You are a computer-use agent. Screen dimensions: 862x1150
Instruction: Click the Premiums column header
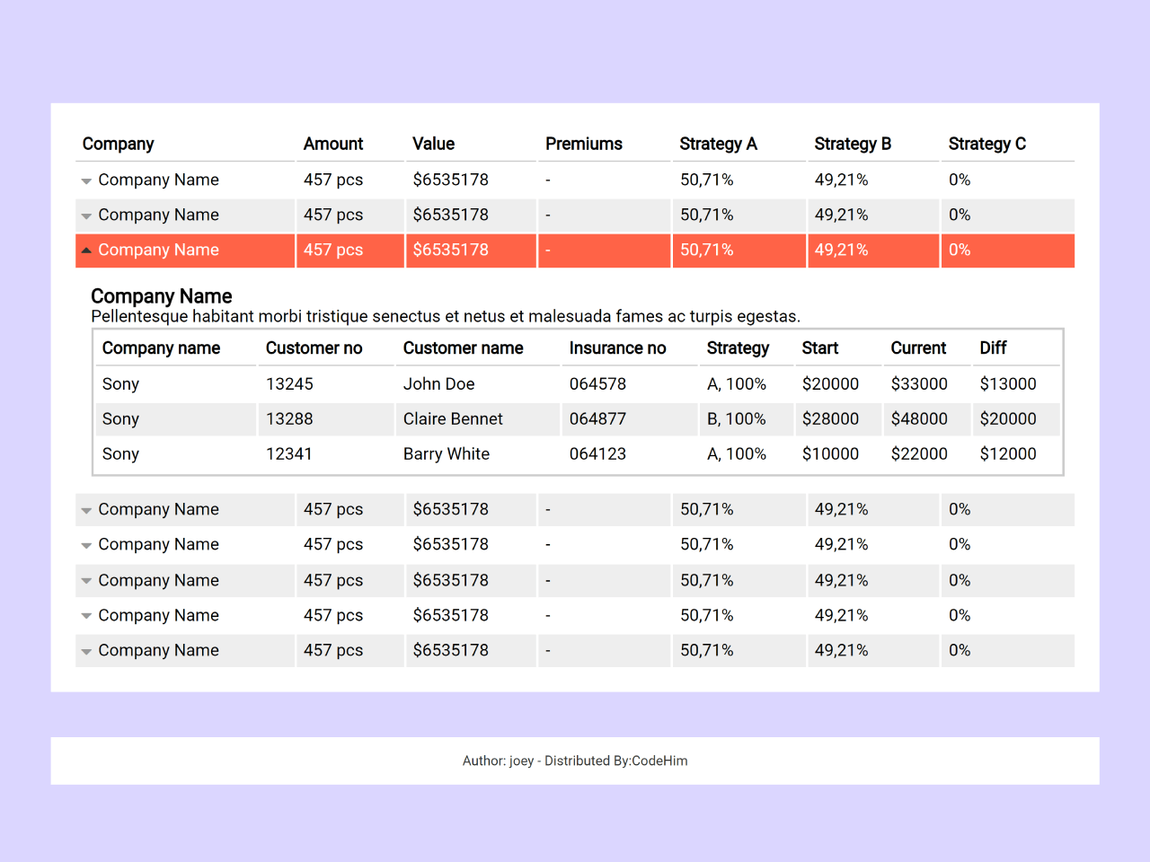pos(583,144)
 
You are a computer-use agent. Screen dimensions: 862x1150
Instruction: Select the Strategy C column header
pos(986,144)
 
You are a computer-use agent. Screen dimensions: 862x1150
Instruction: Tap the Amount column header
pos(332,144)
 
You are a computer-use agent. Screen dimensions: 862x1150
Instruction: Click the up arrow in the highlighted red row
pos(86,251)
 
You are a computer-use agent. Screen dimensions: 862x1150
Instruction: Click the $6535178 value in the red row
pos(450,251)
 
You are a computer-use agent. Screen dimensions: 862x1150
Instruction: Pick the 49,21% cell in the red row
pos(841,251)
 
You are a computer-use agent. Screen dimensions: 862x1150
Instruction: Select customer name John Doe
pos(438,384)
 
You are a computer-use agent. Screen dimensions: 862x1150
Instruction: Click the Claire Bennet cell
pos(453,419)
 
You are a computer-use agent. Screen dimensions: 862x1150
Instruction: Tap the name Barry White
pos(446,454)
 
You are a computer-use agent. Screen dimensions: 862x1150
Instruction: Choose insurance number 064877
pos(597,419)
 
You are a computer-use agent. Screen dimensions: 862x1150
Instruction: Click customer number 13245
pos(289,384)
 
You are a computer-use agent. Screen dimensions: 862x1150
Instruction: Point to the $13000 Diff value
pos(1007,384)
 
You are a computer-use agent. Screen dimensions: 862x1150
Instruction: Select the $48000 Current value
pos(918,419)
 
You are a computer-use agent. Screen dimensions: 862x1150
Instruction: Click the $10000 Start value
pos(830,454)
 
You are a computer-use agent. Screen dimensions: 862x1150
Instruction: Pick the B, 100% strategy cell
pos(736,419)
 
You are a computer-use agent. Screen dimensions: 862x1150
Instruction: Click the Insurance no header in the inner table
pos(617,348)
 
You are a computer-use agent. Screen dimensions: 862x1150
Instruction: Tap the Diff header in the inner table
pos(993,348)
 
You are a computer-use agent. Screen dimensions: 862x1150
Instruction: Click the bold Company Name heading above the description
pos(162,296)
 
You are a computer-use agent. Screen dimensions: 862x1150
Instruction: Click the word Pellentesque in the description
pos(139,317)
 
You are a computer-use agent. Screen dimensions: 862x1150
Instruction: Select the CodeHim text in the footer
pos(659,761)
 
